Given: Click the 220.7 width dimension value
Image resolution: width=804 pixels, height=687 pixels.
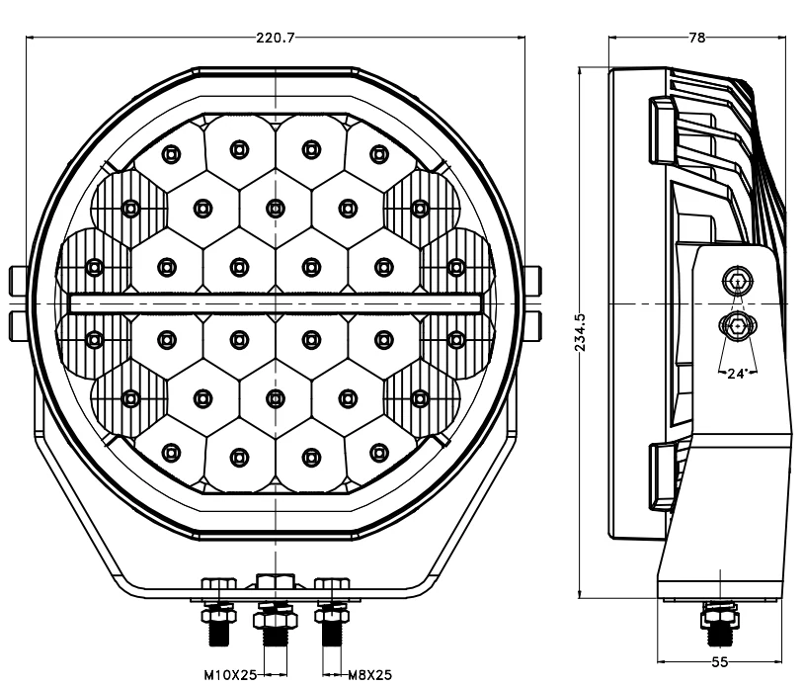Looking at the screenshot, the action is click(x=276, y=38).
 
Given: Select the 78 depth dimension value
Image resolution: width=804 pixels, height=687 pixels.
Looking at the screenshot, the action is click(x=697, y=38).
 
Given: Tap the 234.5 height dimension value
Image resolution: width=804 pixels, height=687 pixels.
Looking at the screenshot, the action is click(x=581, y=332).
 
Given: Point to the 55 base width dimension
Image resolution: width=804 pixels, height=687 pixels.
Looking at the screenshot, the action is click(x=720, y=662).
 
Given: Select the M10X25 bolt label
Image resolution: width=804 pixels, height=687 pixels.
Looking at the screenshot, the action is click(x=230, y=675).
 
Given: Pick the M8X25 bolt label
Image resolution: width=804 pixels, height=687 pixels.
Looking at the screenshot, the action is click(x=369, y=675).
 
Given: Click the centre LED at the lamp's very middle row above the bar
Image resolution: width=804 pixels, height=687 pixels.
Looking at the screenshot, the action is click(x=276, y=209).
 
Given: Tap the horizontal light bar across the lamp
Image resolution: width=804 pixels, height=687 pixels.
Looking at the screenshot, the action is click(x=276, y=303).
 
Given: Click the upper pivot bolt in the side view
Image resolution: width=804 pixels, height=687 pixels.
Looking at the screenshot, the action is click(x=738, y=281).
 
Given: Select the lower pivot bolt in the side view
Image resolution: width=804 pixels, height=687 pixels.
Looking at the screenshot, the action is click(x=738, y=325).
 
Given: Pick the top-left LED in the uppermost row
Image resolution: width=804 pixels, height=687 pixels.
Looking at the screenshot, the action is click(x=171, y=154).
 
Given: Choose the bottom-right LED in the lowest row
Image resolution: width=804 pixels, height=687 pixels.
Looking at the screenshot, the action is click(x=379, y=453).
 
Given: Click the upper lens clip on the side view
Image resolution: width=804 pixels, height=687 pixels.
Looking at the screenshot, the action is click(x=663, y=129).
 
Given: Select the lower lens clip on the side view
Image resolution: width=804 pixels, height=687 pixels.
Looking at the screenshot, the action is click(x=663, y=476).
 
